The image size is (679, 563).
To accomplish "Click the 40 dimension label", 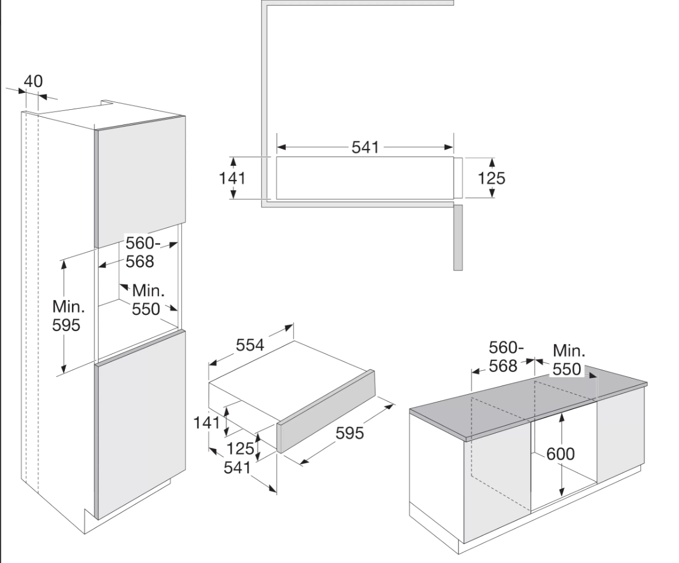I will [x=33, y=81].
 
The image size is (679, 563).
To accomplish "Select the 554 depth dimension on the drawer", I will [x=250, y=345].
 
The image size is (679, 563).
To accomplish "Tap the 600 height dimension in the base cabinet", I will [x=560, y=453].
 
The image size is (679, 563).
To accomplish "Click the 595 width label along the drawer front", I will [x=350, y=433].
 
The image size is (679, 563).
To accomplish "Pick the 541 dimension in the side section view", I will [x=365, y=147].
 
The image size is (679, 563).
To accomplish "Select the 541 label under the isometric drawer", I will [x=237, y=467].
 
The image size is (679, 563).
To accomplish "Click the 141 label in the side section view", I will [x=232, y=178].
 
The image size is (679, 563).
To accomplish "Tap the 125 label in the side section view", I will [x=491, y=178].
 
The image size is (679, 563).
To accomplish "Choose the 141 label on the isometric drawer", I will [x=207, y=422].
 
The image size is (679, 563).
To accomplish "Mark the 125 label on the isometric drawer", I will [x=241, y=449].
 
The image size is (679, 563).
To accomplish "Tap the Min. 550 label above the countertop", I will [x=569, y=360].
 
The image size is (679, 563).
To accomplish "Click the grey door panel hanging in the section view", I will [x=458, y=237].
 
